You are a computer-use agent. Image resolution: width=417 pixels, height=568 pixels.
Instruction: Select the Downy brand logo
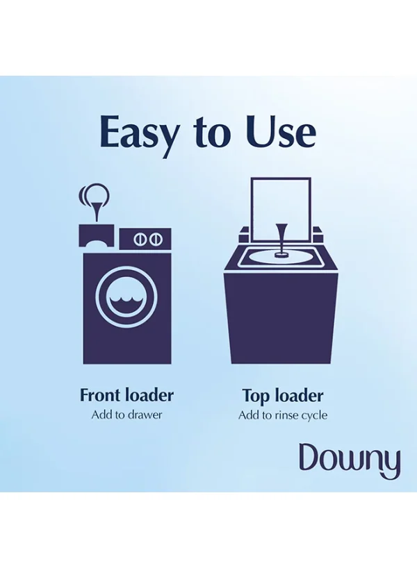pyautogui.click(x=350, y=459)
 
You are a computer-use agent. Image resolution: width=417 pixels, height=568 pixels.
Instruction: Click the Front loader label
pyautogui.click(x=126, y=395)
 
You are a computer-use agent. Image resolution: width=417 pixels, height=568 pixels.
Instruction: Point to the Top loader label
pyautogui.click(x=282, y=396)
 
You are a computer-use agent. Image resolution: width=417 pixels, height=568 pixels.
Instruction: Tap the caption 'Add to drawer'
pyautogui.click(x=126, y=415)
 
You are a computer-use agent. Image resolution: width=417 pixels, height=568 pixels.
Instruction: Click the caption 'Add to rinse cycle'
pyautogui.click(x=282, y=415)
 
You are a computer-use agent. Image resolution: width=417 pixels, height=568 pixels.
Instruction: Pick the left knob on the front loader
pyautogui.click(x=139, y=239)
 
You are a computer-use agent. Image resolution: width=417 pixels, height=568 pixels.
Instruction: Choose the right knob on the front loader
pyautogui.click(x=154, y=239)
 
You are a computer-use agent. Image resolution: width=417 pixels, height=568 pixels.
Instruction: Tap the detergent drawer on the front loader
pyautogui.click(x=97, y=236)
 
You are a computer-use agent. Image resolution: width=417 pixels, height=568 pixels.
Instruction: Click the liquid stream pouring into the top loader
pyautogui.click(x=280, y=237)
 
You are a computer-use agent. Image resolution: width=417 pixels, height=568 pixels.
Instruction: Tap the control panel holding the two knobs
pyautogui.click(x=145, y=239)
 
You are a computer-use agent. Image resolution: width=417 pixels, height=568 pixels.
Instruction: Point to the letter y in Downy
pyautogui.click(x=391, y=465)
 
